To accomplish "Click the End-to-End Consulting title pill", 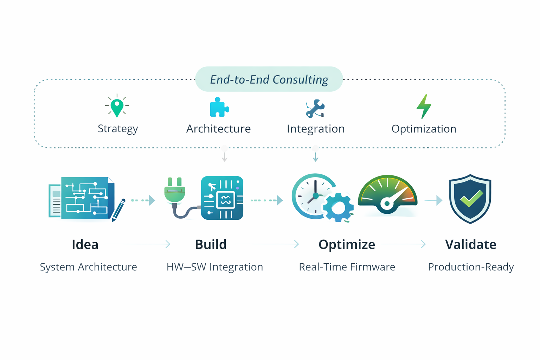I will pos(269,79).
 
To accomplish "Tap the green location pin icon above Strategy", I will pos(117,107).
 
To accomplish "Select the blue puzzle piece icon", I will pos(219,107).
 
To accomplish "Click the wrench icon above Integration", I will pos(315,108).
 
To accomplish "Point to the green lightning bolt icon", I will pos(424,107).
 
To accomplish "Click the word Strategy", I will pos(118,129).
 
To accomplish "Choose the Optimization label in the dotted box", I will pos(424,129).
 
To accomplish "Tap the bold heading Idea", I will pos(85,244).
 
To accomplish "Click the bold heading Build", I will pos(211,244).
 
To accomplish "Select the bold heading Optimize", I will pos(347,244).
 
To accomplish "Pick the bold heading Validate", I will pos(470,244).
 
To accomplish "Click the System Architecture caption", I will pos(88,267).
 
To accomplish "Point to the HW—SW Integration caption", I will pos(214,267).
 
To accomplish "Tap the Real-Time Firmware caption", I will pos(347,267).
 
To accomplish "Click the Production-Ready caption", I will pos(471,267).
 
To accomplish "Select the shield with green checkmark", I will pos(470,199).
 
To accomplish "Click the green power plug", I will pos(175,192).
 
